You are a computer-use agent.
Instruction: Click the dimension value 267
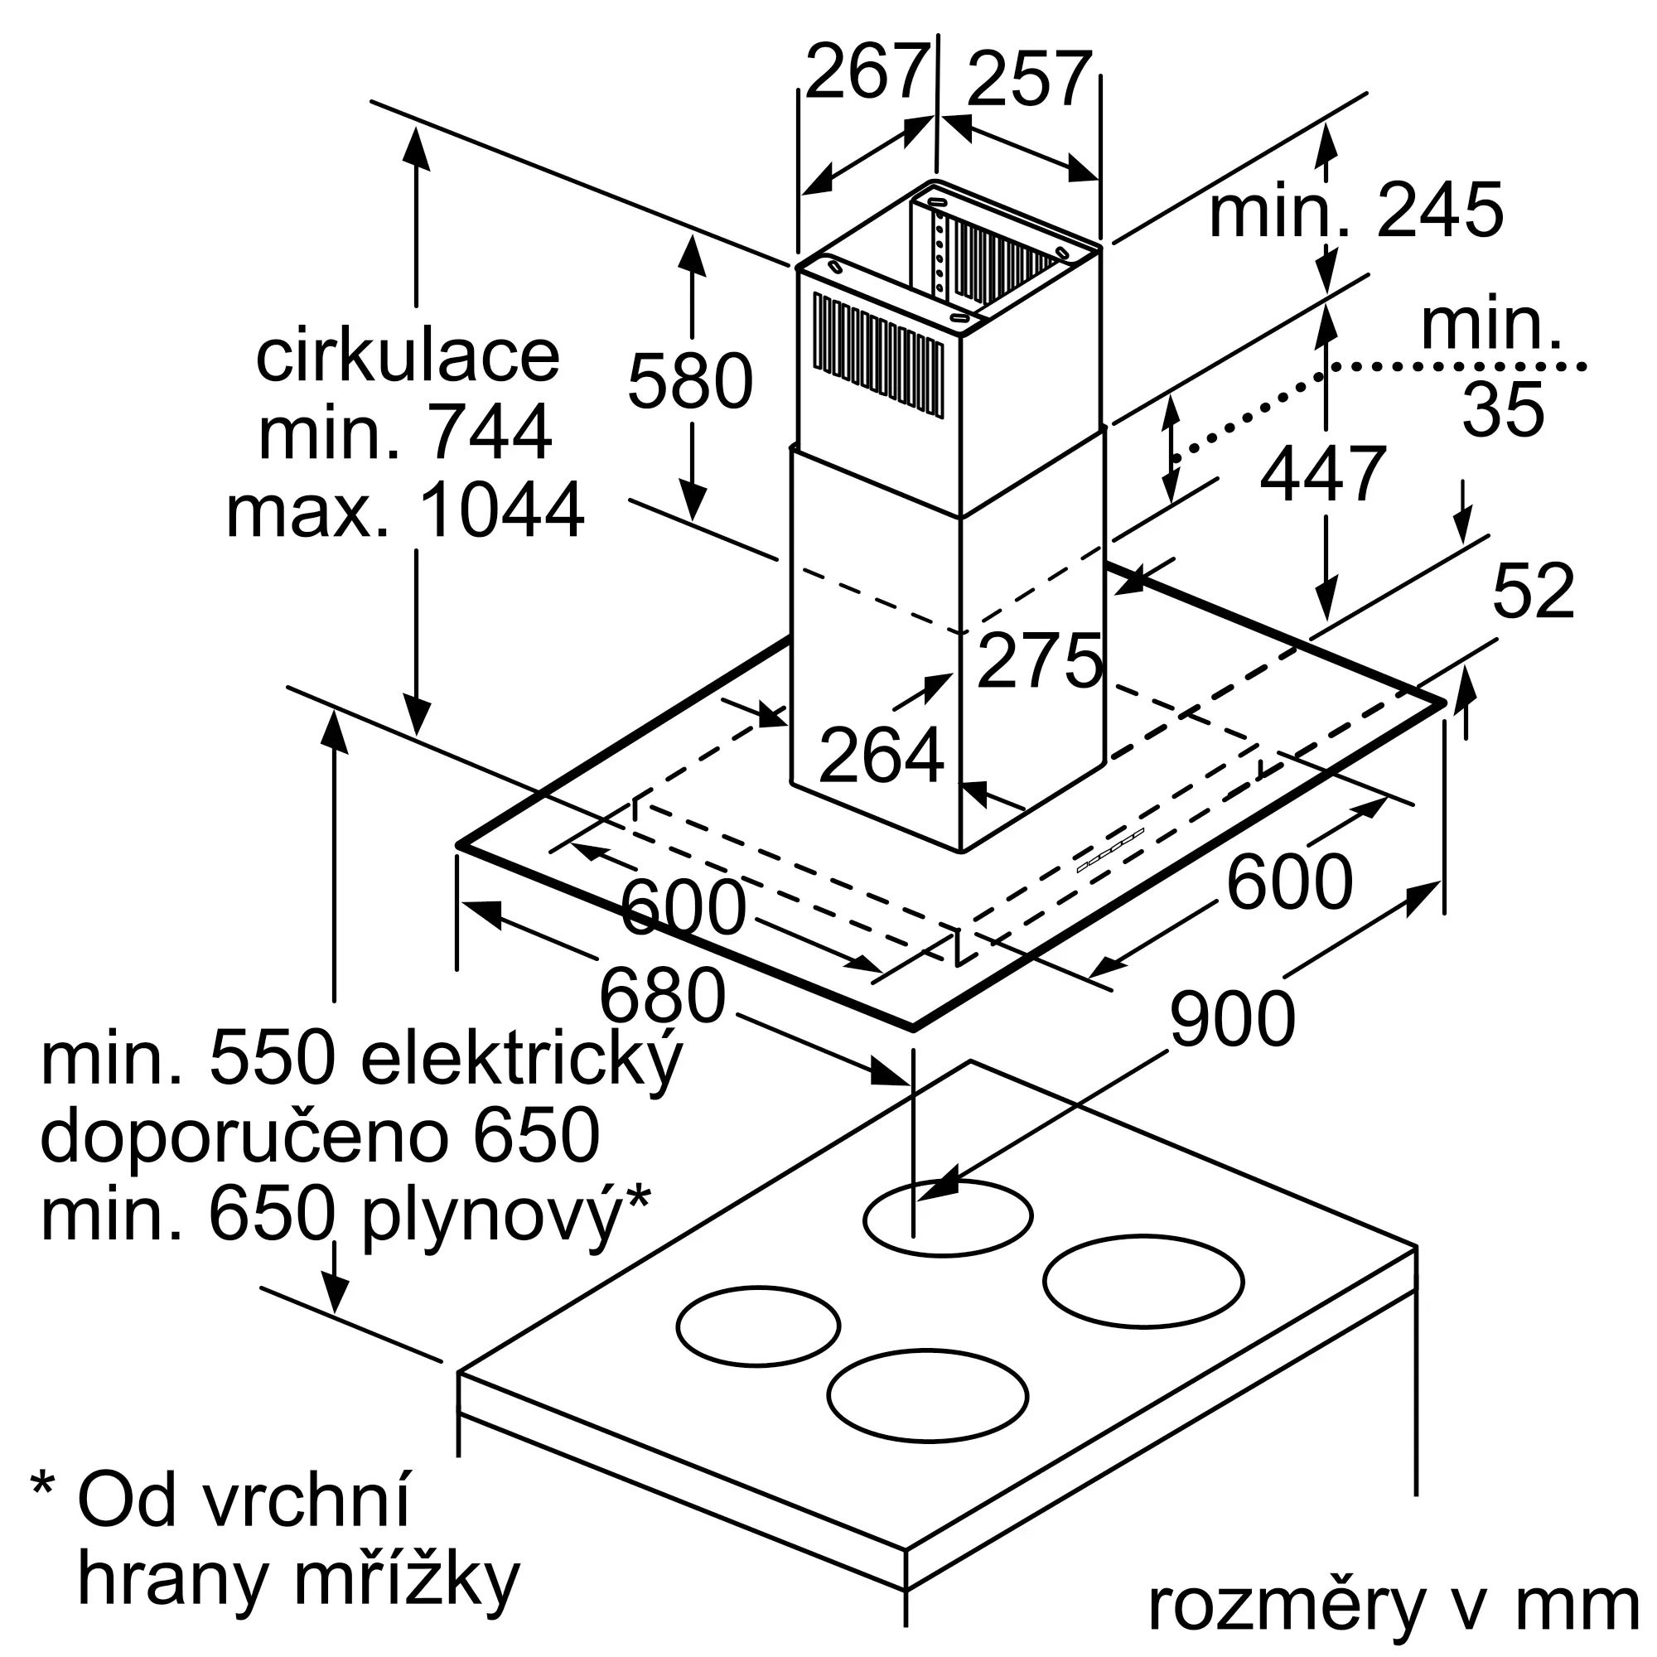[x=867, y=73]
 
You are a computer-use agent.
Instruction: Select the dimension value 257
[x=1029, y=80]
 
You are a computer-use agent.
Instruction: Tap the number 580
[x=689, y=381]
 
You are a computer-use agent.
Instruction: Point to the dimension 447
[x=1322, y=473]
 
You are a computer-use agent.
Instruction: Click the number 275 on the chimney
[x=1040, y=660]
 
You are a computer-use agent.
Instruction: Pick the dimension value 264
[x=881, y=756]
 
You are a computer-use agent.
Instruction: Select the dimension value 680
[x=662, y=996]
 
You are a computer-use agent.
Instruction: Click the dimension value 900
[x=1232, y=1019]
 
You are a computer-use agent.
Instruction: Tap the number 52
[x=1534, y=591]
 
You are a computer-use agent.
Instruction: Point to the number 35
[x=1503, y=410]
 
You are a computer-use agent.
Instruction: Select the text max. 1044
[x=405, y=510]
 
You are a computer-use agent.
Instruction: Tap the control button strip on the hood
[x=1110, y=851]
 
